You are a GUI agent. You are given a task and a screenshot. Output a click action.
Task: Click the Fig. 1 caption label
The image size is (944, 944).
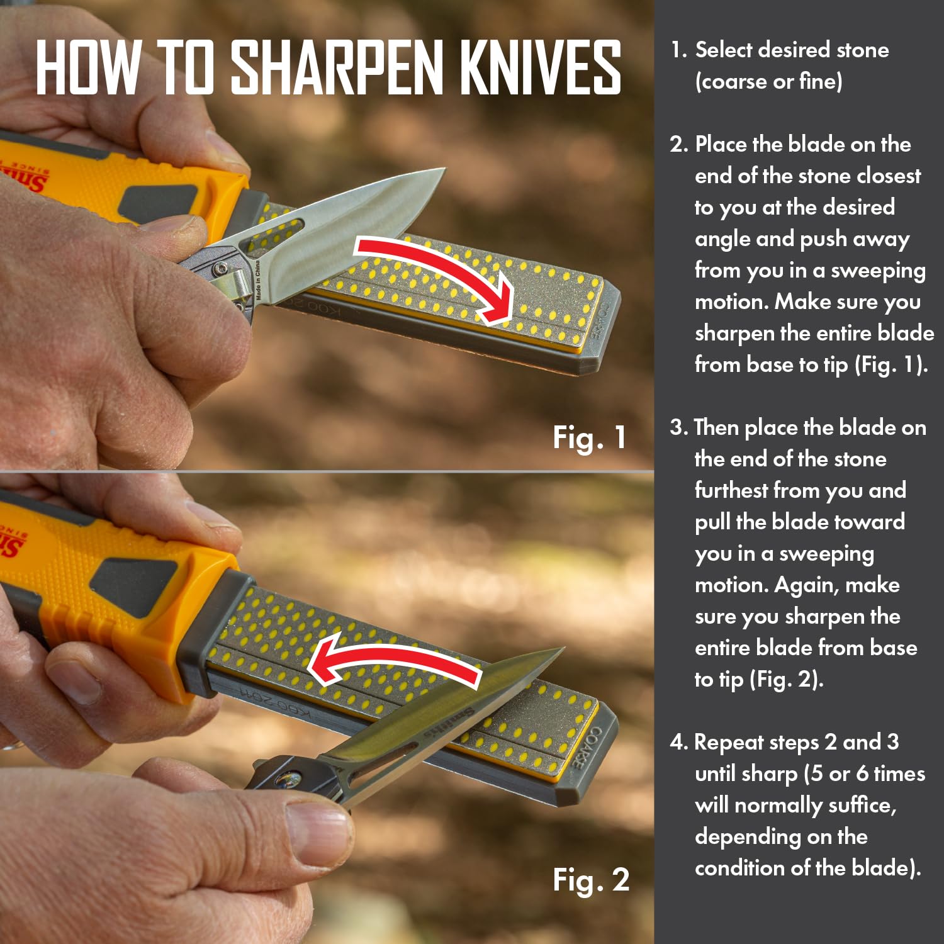pyautogui.click(x=590, y=437)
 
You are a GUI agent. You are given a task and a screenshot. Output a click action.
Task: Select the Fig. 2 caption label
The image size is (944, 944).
pyautogui.click(x=591, y=880)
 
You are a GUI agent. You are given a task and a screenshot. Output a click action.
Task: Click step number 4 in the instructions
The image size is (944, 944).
pyautogui.click(x=678, y=743)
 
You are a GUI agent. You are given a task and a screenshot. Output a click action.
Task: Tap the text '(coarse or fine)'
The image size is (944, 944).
pyautogui.click(x=768, y=82)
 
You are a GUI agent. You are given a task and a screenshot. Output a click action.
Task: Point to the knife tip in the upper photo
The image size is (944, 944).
pyautogui.click(x=444, y=169)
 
